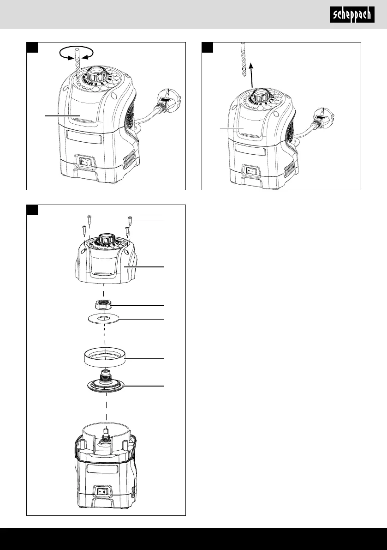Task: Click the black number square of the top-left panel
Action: (32, 48)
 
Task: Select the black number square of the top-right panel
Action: (208, 48)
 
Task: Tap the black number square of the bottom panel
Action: (32, 210)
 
